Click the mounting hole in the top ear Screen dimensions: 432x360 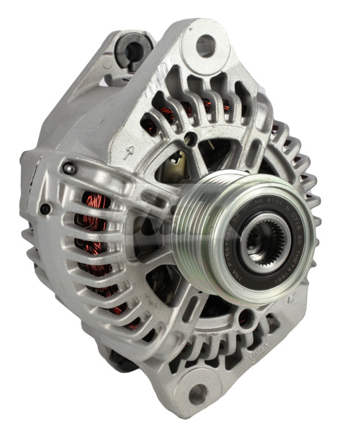[206, 45]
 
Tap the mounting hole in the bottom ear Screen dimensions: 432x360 [197, 392]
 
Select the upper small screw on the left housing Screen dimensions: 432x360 [69, 169]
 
